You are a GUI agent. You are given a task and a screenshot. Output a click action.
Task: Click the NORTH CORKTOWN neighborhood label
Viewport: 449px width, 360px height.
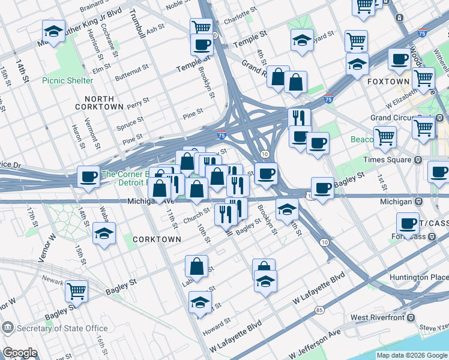100,102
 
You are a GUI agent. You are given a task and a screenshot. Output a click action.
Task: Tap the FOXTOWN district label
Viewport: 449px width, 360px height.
388,81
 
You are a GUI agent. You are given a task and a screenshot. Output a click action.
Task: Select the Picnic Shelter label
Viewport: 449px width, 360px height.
67,80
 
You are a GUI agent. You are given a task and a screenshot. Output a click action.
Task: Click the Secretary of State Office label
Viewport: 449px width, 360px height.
62,328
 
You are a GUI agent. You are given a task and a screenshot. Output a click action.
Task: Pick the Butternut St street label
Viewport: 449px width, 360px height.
131,74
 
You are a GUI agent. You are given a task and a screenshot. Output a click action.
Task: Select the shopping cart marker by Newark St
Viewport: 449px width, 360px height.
76,291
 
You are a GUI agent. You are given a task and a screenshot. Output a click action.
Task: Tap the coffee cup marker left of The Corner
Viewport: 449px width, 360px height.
88,176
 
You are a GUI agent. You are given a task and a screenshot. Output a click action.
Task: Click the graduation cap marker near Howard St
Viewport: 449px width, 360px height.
200,302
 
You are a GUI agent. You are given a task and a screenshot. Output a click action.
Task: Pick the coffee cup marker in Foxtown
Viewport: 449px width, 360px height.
399,59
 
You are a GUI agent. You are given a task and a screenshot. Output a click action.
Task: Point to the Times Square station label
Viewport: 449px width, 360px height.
388,160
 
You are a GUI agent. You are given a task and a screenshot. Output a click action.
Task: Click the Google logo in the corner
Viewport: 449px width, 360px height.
19,353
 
